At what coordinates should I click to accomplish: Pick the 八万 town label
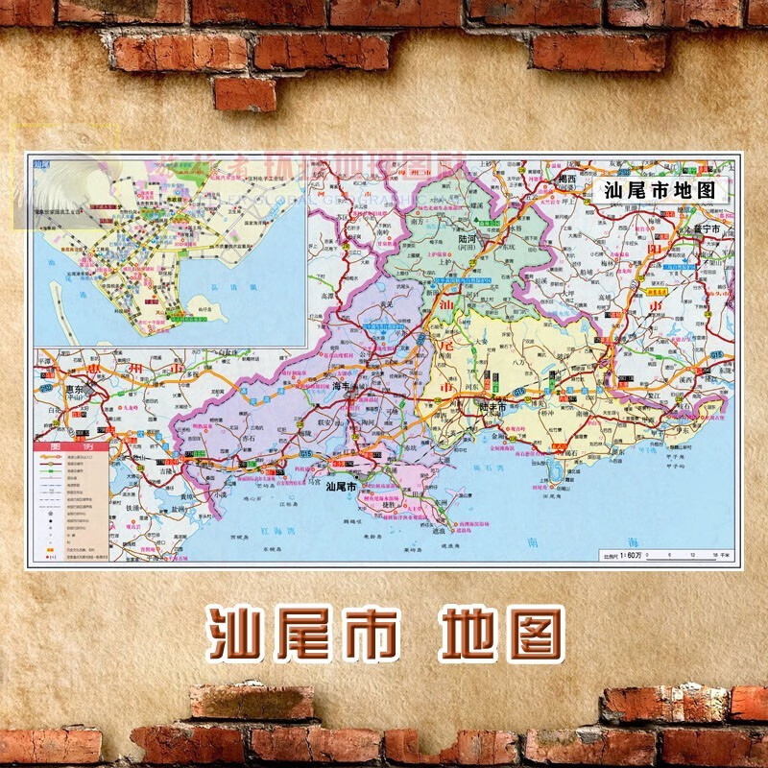coord(517,362)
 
